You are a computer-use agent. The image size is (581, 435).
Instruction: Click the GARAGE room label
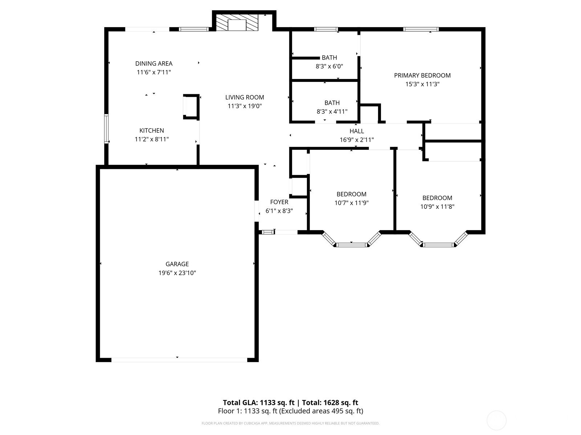(x=177, y=264)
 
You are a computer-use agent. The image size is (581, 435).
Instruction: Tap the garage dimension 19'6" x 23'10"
(x=177, y=273)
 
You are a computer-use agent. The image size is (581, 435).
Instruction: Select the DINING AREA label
(x=154, y=63)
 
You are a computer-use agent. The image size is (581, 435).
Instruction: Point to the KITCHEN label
(x=152, y=130)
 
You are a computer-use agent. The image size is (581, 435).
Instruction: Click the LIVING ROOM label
(x=245, y=97)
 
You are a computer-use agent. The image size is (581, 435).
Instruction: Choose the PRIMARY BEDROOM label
(x=422, y=75)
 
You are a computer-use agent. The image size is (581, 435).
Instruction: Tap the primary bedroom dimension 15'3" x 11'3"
(x=422, y=84)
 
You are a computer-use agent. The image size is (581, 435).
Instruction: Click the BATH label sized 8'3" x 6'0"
(x=329, y=58)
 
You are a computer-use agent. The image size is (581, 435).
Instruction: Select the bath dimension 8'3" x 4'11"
(x=332, y=111)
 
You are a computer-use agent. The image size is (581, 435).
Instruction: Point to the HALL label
(x=357, y=131)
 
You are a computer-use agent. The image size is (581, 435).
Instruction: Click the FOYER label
(x=279, y=202)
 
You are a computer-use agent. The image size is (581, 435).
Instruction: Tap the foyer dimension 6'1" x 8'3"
(x=279, y=211)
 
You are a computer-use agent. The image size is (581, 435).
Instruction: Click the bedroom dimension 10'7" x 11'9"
(x=351, y=203)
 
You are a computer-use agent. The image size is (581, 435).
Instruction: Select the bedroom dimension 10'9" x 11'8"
(x=437, y=207)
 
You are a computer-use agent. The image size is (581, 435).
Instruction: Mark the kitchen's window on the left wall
(x=106, y=129)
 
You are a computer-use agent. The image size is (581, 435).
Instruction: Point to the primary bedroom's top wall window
(x=421, y=29)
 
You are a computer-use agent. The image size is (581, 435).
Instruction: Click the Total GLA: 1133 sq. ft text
(x=258, y=402)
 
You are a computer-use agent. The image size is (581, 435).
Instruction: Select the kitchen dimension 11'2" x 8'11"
(x=152, y=139)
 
